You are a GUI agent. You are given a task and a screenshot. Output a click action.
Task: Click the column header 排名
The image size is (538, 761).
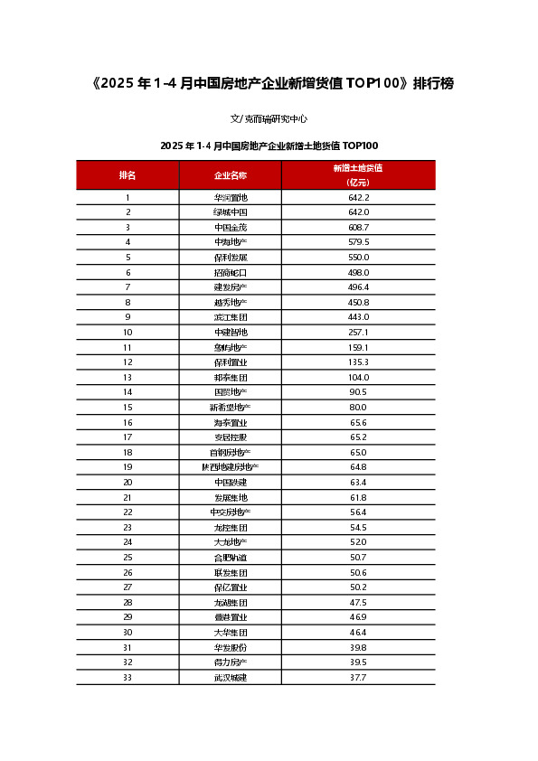point(127,174)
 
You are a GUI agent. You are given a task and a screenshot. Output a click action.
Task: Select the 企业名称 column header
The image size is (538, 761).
point(231,174)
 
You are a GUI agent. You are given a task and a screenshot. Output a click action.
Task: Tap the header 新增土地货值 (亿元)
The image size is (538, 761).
point(358,174)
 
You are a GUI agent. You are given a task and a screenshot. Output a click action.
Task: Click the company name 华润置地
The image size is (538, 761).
point(231,197)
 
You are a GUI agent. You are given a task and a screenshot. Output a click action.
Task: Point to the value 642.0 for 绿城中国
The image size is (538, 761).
point(358,211)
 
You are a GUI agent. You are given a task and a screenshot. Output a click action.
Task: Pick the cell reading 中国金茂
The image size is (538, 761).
point(231,227)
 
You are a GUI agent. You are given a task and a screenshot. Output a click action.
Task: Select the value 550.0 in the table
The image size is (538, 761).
point(358,257)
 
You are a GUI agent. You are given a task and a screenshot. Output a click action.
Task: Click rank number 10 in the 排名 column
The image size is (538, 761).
point(127,332)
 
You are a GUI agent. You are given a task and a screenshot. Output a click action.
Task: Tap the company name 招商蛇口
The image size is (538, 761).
point(231,272)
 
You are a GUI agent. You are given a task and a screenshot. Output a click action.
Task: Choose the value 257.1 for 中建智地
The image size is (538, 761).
point(358,332)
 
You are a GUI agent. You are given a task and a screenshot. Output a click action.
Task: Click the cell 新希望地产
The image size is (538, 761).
point(231,407)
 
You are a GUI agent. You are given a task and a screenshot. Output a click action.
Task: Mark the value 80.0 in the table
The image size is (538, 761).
point(358,407)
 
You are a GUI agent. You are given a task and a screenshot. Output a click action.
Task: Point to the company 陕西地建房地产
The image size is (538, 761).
point(231,466)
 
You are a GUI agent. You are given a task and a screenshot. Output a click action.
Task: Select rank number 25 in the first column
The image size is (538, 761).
point(127,557)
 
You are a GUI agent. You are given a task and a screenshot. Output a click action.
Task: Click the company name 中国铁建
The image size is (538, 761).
point(231,482)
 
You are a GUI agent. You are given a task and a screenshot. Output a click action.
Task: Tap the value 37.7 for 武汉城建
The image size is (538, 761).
point(358,677)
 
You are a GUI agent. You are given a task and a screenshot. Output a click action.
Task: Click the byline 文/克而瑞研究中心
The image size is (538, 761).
point(269,117)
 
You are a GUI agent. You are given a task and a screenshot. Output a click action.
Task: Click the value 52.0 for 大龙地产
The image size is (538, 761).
point(358,541)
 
